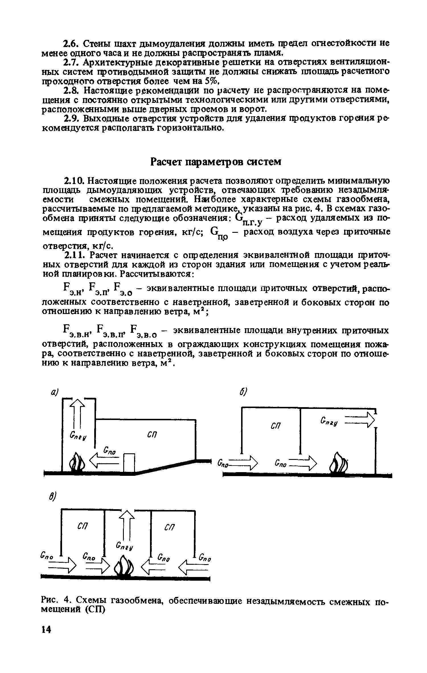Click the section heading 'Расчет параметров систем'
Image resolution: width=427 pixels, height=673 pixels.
click(x=215, y=162)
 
